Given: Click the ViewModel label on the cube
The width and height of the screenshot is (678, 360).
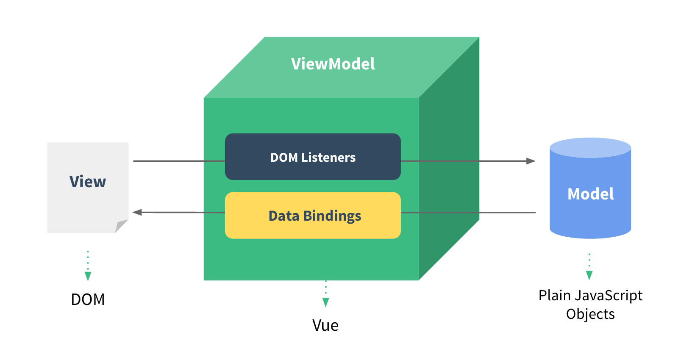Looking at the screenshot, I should pos(333,64).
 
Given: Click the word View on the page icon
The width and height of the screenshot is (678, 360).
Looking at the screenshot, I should pos(88,182).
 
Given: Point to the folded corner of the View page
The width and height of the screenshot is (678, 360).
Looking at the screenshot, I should pos(121,225).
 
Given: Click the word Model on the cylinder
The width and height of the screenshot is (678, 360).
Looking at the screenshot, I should pos(590,194).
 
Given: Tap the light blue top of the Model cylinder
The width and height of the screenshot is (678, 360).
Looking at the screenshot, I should pos(590,147).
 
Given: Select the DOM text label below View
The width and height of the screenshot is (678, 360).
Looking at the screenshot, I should pos(88,299).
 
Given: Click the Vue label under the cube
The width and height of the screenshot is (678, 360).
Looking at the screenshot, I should pos(325,325).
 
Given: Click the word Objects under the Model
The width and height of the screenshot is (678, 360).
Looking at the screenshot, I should pos(590,314).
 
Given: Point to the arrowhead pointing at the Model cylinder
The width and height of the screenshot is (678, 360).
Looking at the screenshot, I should pos(531,161).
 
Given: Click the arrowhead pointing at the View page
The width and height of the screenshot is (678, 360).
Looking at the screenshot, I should pos(137,212).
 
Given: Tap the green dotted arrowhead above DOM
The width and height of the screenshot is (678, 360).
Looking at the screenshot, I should pos(88,276).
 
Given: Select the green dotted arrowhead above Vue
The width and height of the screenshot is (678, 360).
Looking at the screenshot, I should pos(325,302).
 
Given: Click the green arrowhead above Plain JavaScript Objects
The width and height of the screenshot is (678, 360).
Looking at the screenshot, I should pos(589,275).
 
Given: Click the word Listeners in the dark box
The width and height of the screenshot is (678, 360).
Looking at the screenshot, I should pos(328,158).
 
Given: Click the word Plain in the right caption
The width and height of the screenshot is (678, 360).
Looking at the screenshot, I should pos(553,295).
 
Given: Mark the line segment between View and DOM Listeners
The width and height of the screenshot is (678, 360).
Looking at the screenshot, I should pos(178,161).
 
